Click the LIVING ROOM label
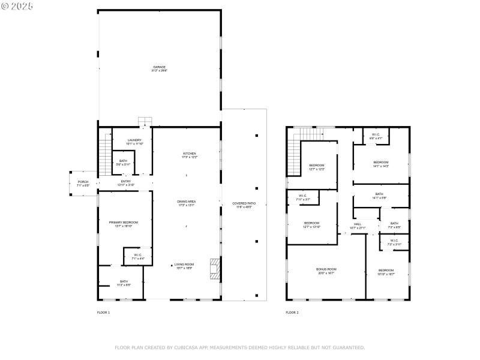[x=184, y=266]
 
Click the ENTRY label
[x=126, y=182]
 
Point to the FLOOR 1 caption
[x=104, y=313]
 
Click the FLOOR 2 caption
[x=292, y=313]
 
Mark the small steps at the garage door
[x=145, y=121]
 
